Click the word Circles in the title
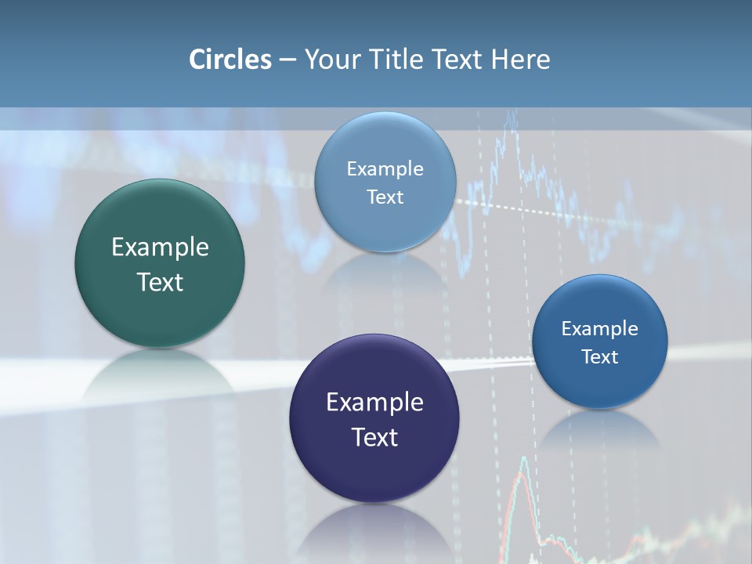coord(230,60)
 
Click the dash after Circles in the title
coord(287,60)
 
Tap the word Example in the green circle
coord(160,248)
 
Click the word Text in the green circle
coord(160,282)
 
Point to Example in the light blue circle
coord(385,169)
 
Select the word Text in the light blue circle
coord(385,197)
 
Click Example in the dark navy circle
coord(374,403)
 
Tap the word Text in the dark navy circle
coord(374,437)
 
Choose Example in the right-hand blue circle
coord(600,329)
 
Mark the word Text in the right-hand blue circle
coord(600,357)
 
